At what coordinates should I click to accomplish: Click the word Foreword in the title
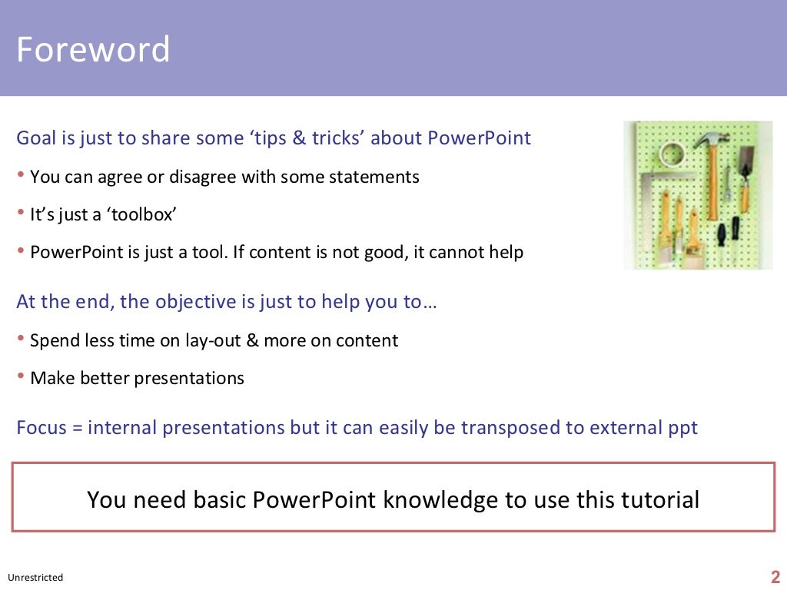pos(93,50)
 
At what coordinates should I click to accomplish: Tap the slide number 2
pos(775,577)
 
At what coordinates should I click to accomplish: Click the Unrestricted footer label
pos(35,578)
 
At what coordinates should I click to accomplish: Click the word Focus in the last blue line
pos(42,428)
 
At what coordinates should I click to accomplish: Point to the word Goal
pos(36,138)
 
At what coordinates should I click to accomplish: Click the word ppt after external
pos(679,428)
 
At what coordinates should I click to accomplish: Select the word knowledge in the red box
pos(440,500)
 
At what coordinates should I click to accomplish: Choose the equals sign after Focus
pos(77,429)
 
